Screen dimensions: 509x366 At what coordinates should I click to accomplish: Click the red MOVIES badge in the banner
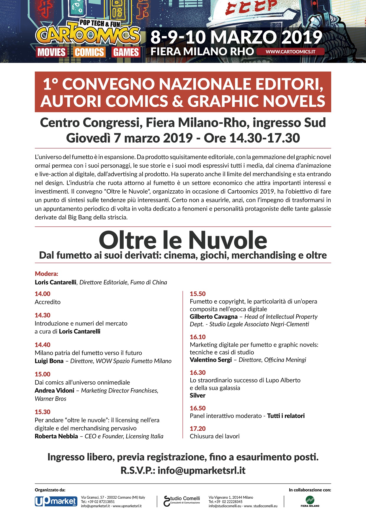[51, 52]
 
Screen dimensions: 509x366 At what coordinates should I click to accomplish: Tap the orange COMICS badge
[89, 52]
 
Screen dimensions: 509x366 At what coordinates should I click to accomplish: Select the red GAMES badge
[126, 52]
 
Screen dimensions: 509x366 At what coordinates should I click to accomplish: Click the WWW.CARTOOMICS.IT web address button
[290, 51]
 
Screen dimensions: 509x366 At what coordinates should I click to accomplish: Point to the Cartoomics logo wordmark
[88, 35]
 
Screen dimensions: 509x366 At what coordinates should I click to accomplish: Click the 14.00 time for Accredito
[43, 294]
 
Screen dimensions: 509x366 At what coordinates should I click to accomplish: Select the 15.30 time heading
[43, 412]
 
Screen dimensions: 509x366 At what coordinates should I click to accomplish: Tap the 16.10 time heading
[198, 337]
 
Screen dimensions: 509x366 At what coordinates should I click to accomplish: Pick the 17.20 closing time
[198, 428]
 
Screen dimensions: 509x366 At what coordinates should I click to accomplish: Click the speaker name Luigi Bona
[49, 361]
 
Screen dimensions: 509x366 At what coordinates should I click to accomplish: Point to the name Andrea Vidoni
[54, 390]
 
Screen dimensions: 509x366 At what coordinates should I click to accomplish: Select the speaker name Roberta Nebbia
[56, 436]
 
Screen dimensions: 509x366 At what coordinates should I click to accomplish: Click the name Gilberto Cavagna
[214, 317]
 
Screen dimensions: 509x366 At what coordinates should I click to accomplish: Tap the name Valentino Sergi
[211, 360]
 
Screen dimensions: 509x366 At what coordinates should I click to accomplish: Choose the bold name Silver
[197, 395]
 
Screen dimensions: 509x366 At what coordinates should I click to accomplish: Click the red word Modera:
[47, 274]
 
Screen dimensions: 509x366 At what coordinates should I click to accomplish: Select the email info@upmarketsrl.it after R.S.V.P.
[201, 470]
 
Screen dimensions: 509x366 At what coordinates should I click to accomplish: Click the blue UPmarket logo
[56, 501]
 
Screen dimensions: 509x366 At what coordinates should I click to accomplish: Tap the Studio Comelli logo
[182, 500]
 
